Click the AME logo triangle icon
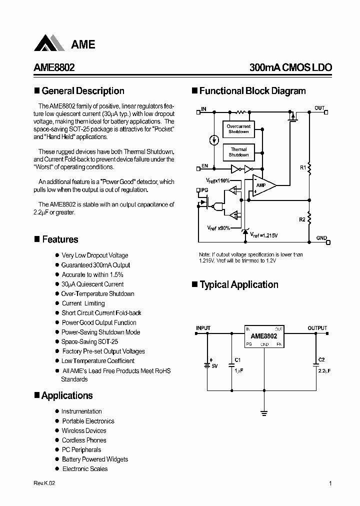[49, 43]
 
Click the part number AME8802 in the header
[54, 68]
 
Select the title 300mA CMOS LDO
[290, 68]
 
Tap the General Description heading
[83, 91]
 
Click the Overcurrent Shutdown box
[238, 129]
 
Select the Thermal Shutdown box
[238, 152]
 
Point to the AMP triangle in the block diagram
[262, 185]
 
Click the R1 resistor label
[303, 167]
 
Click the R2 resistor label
[302, 219]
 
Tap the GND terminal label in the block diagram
[321, 238]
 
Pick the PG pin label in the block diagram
[204, 190]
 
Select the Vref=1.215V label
[264, 234]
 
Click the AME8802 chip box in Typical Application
[264, 336]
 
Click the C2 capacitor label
[321, 359]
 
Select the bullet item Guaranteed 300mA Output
[95, 265]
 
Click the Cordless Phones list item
[84, 440]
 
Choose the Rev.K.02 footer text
[44, 483]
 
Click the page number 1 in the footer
[330, 483]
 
